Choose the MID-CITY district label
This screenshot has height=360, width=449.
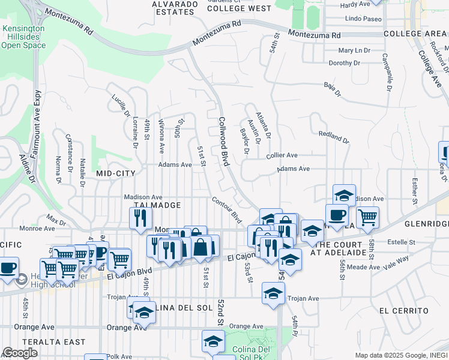(116, 173)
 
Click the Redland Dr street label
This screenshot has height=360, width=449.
(333, 137)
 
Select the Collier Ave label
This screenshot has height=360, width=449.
(282, 155)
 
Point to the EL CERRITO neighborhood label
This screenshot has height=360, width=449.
(404, 311)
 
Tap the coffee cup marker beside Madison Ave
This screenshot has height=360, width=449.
(337, 214)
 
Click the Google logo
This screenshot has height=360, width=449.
(20, 353)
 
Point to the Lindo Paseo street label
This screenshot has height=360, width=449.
(364, 19)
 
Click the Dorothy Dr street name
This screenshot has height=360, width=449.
(344, 63)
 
